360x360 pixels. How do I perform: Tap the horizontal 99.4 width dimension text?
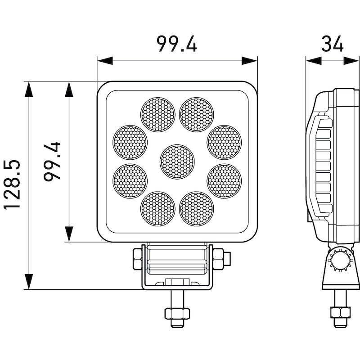point(177,44)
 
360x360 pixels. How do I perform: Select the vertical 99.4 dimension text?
point(52,162)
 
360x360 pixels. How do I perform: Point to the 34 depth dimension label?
point(332,44)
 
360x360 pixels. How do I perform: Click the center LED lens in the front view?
point(177,162)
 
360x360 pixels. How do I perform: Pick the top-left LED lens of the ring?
point(158,115)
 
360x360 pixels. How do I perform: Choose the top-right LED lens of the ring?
point(197,115)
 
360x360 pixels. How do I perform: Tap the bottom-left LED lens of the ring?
point(158,209)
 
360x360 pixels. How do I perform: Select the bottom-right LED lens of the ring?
point(197,209)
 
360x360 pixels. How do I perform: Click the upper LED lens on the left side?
point(130,142)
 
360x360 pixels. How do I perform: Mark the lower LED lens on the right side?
point(224,181)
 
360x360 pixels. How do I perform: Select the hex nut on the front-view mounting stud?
point(177,313)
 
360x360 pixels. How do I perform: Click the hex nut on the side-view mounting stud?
point(341,312)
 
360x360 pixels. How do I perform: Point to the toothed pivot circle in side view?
point(340,260)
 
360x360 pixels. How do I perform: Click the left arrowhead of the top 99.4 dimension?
point(105,61)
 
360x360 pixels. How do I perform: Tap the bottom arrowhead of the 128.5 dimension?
point(29,282)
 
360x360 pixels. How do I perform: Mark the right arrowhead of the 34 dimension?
point(351,61)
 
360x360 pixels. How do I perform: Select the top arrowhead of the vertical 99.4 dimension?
point(69,89)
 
